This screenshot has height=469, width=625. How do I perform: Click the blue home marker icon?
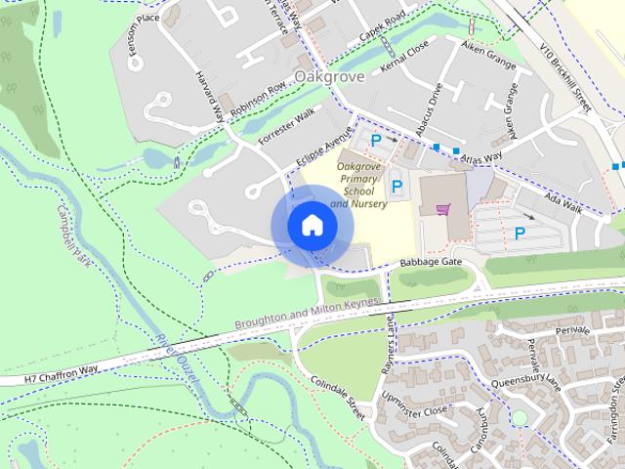pyautogui.click(x=312, y=225)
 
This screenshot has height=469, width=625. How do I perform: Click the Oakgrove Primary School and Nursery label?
pyautogui.click(x=357, y=186)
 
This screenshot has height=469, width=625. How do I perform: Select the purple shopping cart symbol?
pyautogui.click(x=443, y=208)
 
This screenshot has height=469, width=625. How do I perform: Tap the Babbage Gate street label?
pyautogui.click(x=430, y=263)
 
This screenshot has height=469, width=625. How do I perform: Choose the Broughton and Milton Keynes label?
pyautogui.click(x=304, y=316)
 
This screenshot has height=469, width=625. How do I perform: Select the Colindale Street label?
pyautogui.click(x=338, y=399)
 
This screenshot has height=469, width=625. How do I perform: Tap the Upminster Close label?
pyautogui.click(x=415, y=400)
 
